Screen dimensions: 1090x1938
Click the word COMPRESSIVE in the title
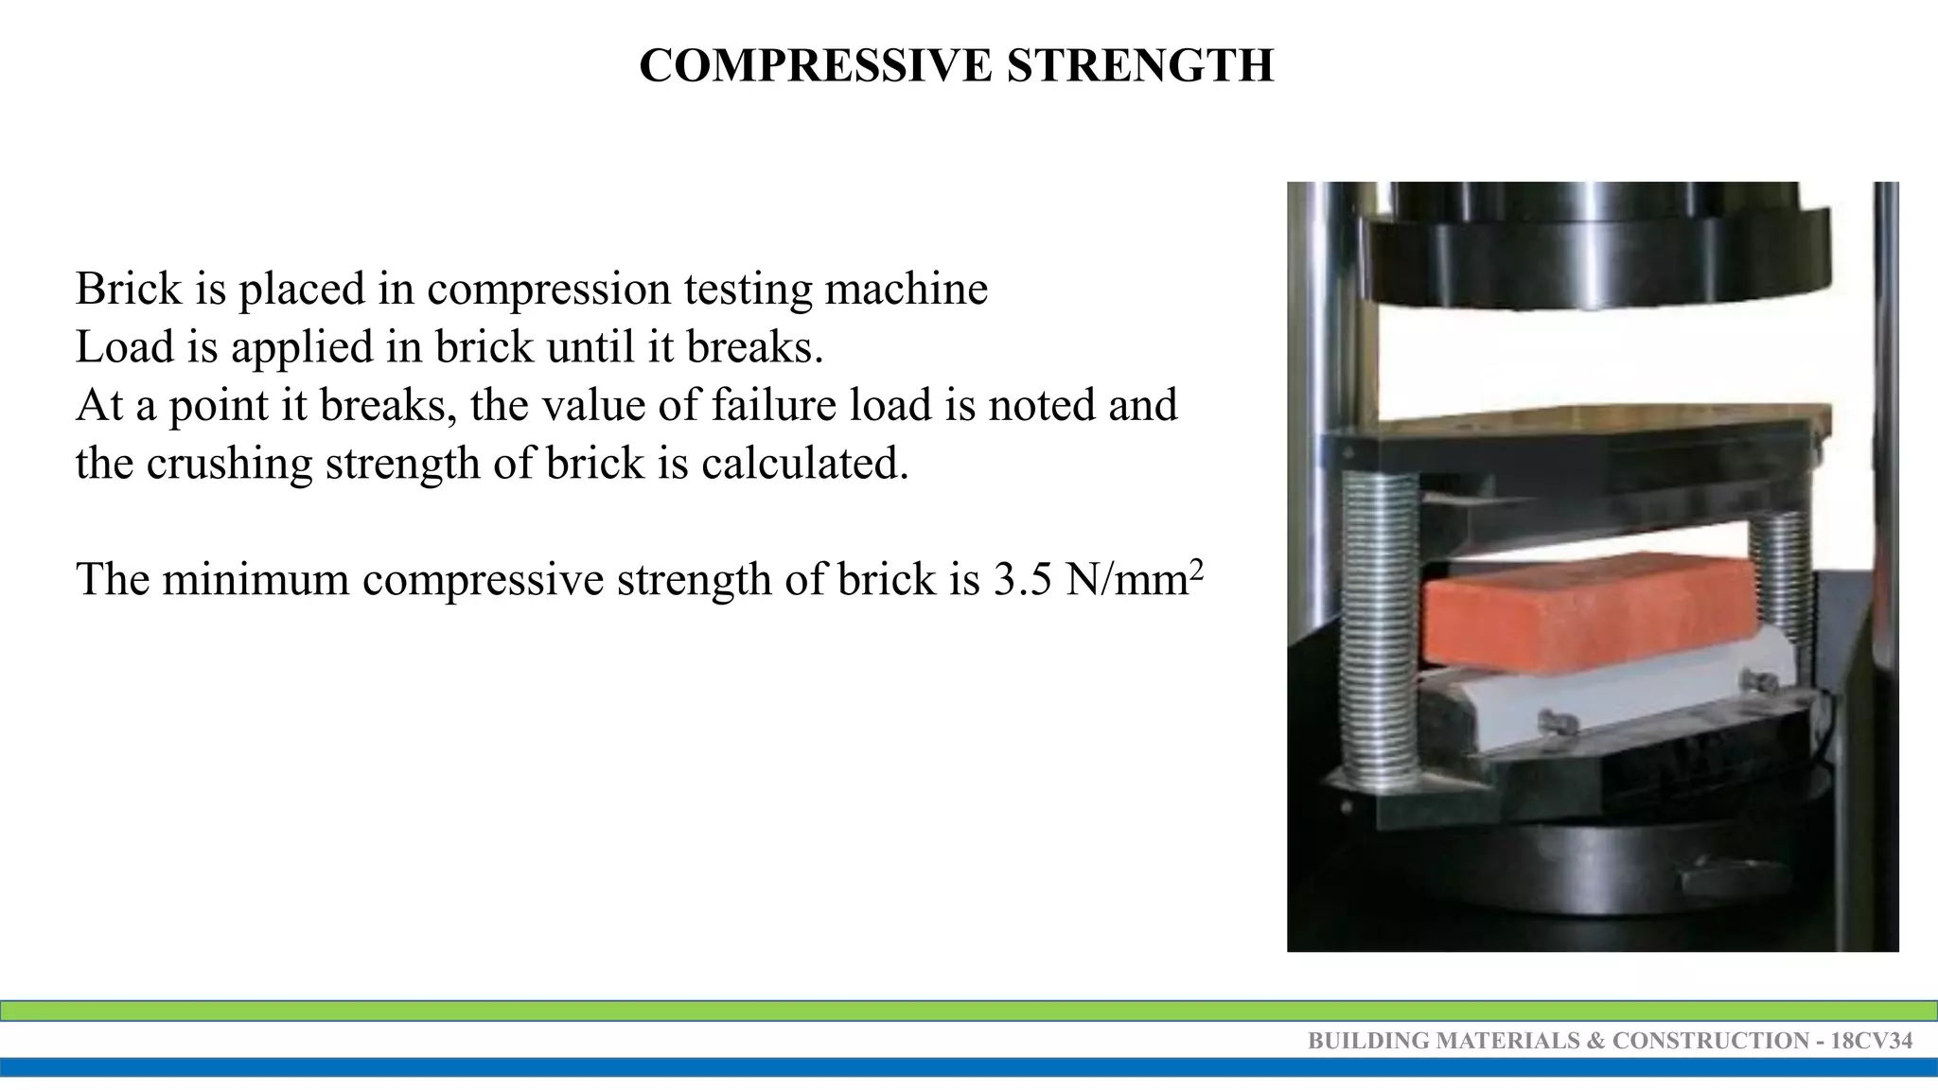816,66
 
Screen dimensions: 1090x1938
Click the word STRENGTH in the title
1140,66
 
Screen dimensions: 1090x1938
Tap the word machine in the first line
906,289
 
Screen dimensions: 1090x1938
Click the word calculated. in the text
804,464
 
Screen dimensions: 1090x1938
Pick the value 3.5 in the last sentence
1023,579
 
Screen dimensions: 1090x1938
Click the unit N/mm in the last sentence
1126,579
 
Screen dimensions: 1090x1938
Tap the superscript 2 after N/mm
1196,568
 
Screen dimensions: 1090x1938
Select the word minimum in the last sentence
255,579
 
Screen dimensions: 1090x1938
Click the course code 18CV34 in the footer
1871,1041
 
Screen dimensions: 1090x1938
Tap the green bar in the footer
969,1011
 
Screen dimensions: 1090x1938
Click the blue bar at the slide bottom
969,1067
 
